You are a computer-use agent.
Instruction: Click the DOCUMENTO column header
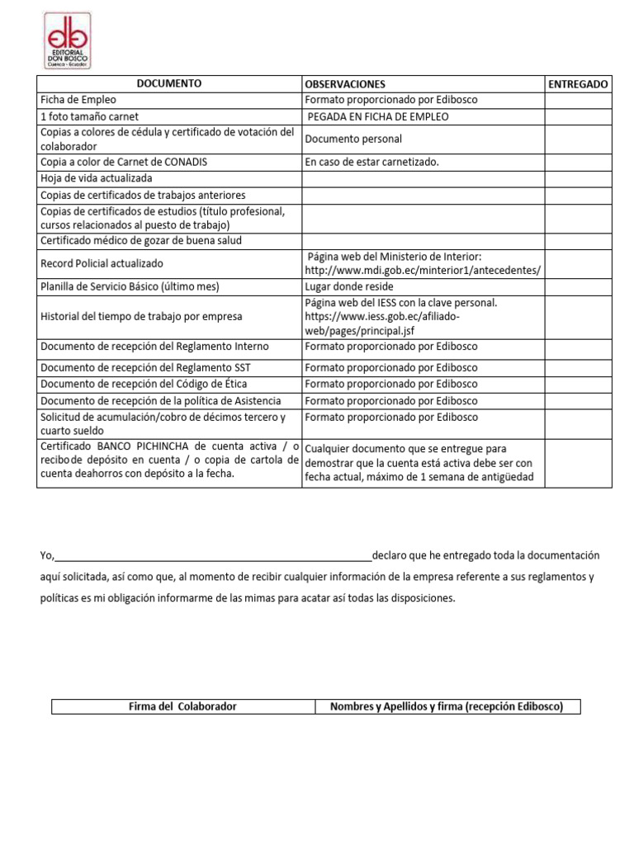click(x=168, y=83)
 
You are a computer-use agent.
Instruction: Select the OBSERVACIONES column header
click(x=345, y=84)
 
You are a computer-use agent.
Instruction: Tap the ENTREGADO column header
click(x=578, y=84)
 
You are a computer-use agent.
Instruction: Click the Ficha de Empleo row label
click(x=79, y=100)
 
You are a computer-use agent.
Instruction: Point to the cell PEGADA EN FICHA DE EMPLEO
click(x=378, y=116)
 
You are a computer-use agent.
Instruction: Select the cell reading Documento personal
click(x=353, y=139)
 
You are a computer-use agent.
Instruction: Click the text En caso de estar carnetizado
click(x=372, y=162)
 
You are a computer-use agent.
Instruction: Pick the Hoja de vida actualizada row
click(x=97, y=178)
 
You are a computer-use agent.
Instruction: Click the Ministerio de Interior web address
click(x=423, y=271)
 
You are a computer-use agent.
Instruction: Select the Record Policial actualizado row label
click(x=102, y=263)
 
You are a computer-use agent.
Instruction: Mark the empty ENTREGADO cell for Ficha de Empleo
click(x=578, y=100)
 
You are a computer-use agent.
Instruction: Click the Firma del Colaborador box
click(x=183, y=706)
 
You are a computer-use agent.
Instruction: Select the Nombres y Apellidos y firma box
click(x=447, y=706)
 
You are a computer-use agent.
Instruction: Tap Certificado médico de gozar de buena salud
click(x=141, y=241)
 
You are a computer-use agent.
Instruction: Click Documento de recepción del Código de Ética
click(x=144, y=384)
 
